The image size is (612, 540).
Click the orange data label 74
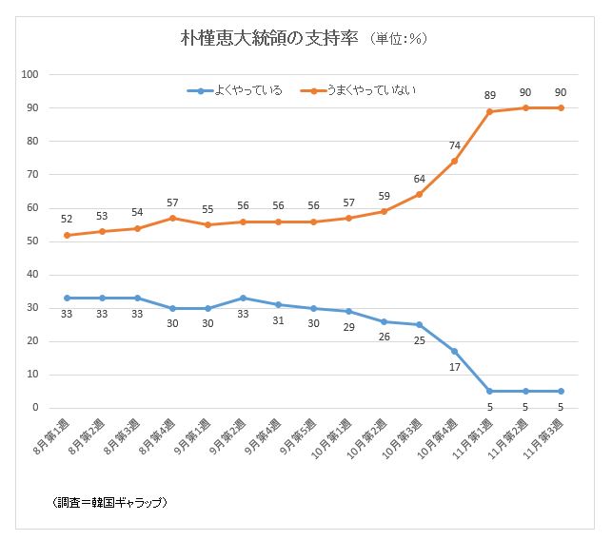[454, 145]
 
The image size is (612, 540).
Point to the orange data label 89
[490, 94]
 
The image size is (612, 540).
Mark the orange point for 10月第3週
[419, 194]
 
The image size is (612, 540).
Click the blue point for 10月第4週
[454, 351]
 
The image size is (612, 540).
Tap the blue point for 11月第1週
[489, 391]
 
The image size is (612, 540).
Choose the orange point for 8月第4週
[172, 218]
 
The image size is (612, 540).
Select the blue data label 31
[278, 320]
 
